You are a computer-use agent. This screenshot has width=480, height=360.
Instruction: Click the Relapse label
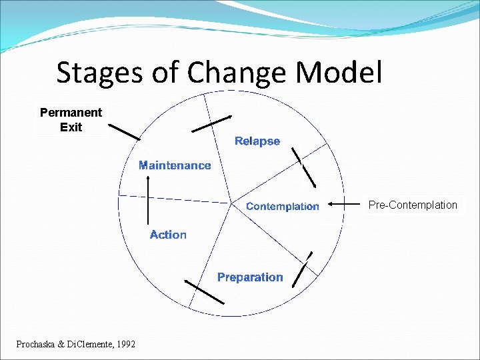tap(257, 141)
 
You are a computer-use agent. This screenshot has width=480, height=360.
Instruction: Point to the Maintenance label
tap(175, 165)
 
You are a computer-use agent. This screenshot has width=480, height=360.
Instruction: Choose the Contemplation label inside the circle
tap(283, 207)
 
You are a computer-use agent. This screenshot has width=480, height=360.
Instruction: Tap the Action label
tap(168, 235)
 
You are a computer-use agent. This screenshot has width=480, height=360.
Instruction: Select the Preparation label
tap(250, 277)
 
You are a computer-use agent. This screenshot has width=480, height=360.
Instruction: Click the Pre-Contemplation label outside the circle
tap(413, 205)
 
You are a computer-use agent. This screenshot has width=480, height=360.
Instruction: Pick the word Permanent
tap(71, 113)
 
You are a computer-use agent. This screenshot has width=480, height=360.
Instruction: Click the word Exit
tap(71, 127)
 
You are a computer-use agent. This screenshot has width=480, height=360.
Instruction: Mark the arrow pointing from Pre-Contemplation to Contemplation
tap(345, 205)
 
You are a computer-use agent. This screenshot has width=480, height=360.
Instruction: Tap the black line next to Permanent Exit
tap(124, 131)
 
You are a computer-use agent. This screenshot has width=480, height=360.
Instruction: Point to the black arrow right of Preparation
tap(303, 269)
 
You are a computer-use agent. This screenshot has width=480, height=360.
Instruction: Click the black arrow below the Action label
tap(204, 291)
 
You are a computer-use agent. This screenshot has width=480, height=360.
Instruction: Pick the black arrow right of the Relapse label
tap(303, 167)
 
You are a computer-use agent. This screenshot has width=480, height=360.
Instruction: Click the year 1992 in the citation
tap(125, 344)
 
